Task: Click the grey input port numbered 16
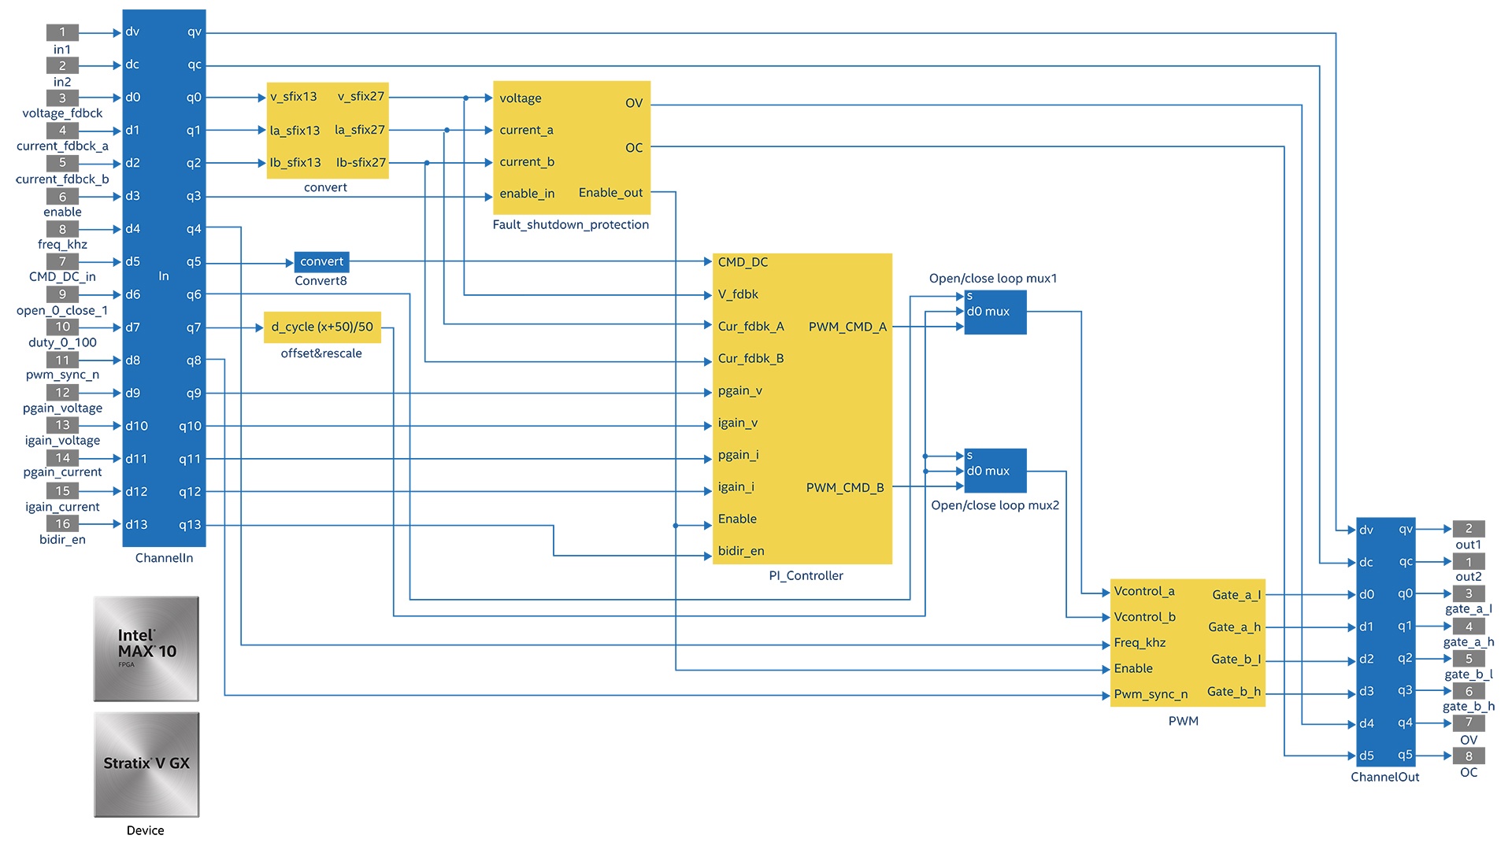62,523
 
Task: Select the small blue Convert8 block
321,261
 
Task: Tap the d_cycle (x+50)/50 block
322,327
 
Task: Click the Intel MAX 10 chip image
146,649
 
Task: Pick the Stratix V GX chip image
146,764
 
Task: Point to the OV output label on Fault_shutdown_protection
634,103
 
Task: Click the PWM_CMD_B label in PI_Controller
845,488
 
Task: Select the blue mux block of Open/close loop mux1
995,312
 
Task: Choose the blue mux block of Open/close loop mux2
995,471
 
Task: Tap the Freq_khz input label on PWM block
1140,643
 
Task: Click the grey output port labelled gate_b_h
1469,691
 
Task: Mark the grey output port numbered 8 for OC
1469,756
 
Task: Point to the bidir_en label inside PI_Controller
741,551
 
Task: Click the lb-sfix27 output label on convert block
361,163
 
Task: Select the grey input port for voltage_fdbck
62,98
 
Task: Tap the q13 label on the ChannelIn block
190,525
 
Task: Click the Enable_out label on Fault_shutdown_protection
610,193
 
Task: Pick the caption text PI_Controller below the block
806,576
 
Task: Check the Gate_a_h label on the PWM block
1234,627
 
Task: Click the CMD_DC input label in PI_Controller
743,262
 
